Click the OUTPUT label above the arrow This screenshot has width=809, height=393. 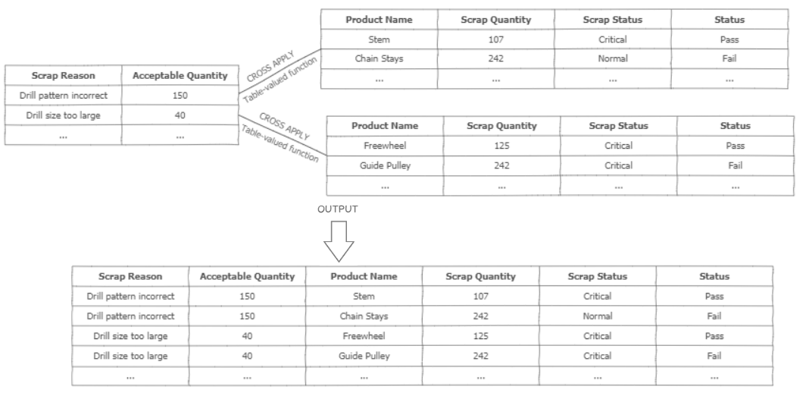(338, 208)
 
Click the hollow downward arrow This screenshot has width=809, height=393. (339, 241)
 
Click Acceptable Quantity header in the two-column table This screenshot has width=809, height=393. (180, 76)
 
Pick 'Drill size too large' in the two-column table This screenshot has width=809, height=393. (63, 115)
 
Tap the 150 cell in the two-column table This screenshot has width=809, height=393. (180, 96)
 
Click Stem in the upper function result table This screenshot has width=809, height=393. (379, 39)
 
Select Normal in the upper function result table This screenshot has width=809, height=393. (613, 58)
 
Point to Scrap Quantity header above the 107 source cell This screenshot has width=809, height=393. (495, 20)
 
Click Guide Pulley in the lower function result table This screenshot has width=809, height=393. (385, 165)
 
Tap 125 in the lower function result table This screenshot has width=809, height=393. (501, 146)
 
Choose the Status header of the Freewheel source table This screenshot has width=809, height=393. (735, 126)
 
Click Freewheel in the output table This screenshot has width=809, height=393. (364, 335)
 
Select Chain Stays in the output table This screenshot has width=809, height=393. (364, 316)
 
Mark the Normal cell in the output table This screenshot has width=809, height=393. (598, 316)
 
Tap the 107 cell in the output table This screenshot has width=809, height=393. (480, 296)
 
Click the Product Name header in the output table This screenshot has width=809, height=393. (364, 276)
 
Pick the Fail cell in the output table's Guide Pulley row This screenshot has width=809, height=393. (714, 355)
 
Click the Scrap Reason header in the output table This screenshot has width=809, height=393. (130, 276)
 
